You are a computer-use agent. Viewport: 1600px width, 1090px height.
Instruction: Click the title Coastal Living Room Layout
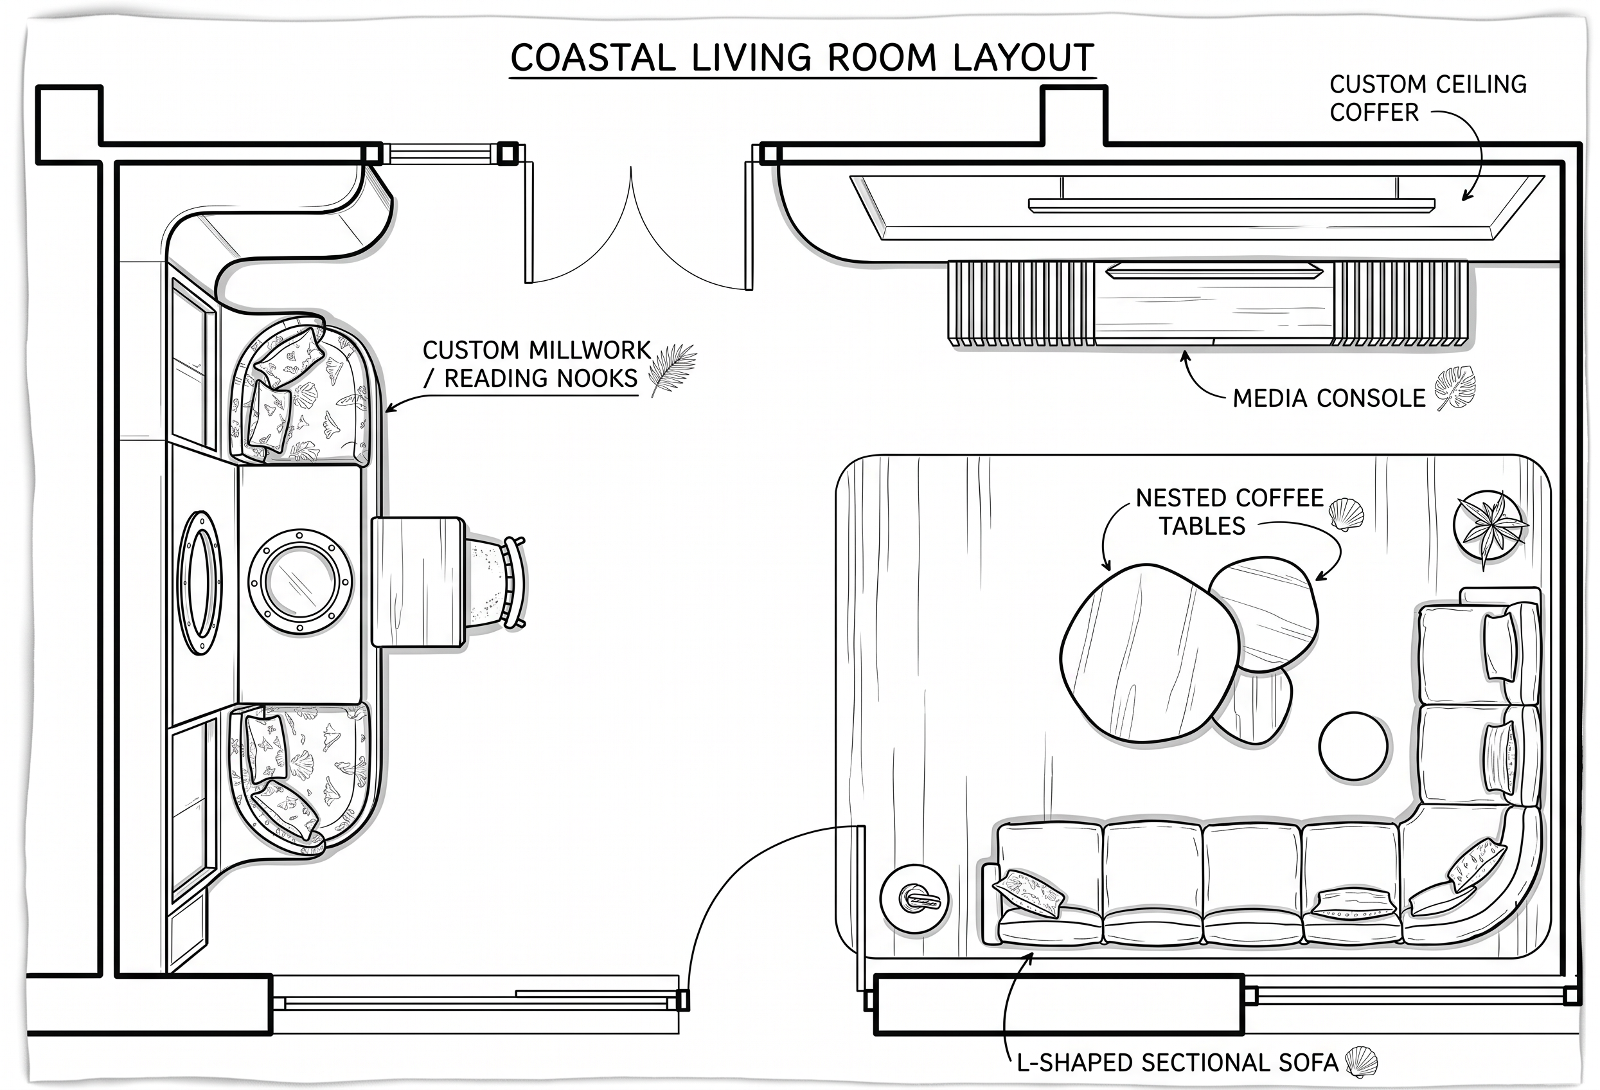802,58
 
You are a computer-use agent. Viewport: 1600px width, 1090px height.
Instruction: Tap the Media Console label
1329,398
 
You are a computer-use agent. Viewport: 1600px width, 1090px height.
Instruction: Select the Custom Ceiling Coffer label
1428,98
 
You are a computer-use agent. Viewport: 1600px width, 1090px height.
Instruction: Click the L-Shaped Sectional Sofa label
1177,1062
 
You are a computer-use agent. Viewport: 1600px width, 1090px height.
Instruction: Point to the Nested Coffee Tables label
1230,512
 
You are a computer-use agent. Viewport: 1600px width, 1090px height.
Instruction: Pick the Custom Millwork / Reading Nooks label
537,364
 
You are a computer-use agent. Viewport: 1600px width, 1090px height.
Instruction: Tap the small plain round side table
1353,746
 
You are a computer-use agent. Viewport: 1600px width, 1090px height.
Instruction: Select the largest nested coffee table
1149,653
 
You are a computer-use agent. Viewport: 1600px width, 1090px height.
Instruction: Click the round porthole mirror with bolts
299,582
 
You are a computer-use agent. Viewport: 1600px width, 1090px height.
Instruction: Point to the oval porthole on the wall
200,582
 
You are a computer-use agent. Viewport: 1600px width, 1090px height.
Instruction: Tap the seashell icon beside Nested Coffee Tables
1346,514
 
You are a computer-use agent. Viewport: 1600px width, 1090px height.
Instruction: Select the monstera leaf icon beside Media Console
1455,388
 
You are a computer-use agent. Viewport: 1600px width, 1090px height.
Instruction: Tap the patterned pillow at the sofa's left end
1028,893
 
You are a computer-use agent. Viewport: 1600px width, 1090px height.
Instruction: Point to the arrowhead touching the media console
1185,357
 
